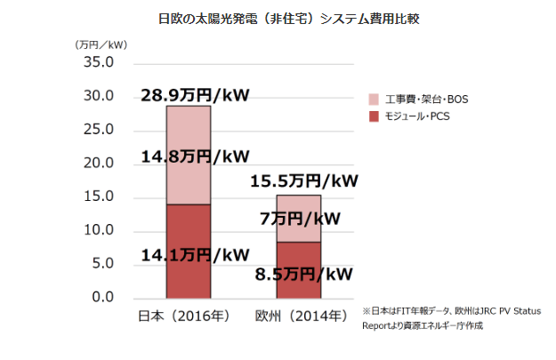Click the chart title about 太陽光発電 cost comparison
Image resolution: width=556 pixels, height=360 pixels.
pyautogui.click(x=277, y=19)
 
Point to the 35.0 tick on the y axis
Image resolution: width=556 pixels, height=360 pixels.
pyautogui.click(x=97, y=63)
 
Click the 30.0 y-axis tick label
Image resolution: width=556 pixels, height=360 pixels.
pyautogui.click(x=97, y=96)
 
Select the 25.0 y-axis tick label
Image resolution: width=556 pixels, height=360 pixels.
pyautogui.click(x=97, y=130)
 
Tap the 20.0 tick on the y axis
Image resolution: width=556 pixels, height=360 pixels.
pyautogui.click(x=97, y=164)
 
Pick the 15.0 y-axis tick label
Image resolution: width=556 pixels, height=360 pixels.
pyautogui.click(x=97, y=196)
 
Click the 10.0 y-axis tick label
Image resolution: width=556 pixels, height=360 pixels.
pyautogui.click(x=97, y=230)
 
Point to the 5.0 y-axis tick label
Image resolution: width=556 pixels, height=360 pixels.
pyautogui.click(x=101, y=264)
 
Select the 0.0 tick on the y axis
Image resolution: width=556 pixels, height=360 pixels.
pyautogui.click(x=101, y=298)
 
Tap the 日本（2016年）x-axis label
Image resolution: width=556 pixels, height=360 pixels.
pyautogui.click(x=188, y=316)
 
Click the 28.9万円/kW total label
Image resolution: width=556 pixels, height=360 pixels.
pyautogui.click(x=195, y=94)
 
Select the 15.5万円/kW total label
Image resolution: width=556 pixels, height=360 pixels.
pyautogui.click(x=303, y=181)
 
